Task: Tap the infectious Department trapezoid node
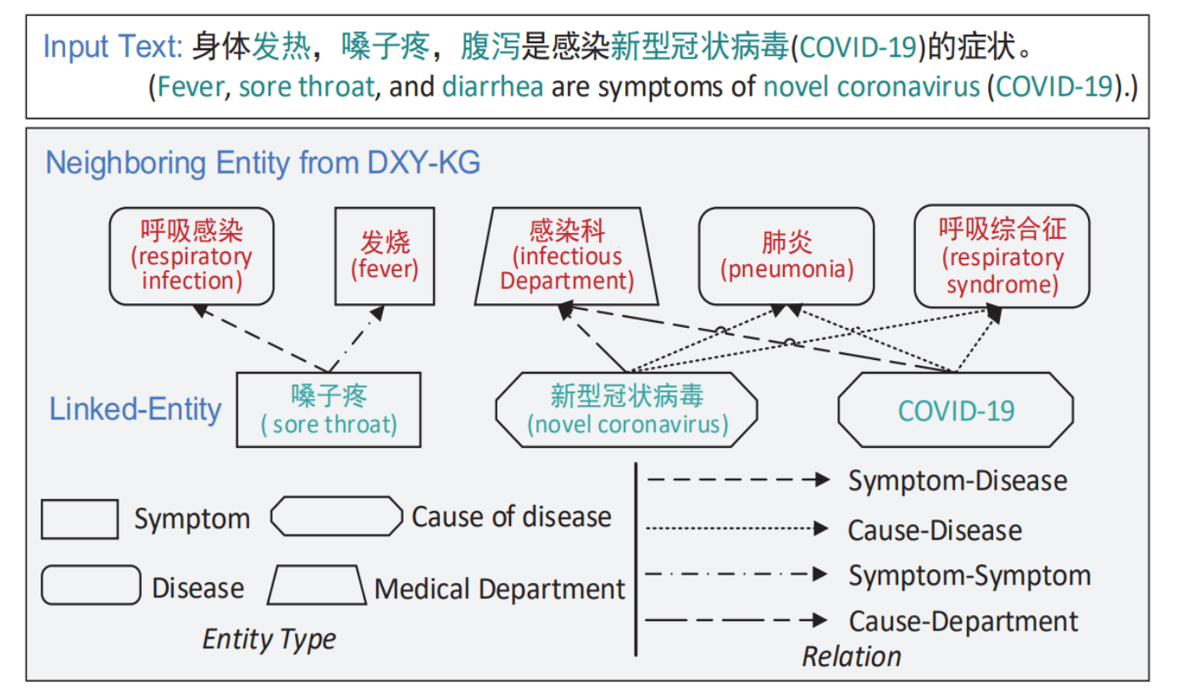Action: point(567,256)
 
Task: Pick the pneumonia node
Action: point(786,256)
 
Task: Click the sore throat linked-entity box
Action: point(329,409)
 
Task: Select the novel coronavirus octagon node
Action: point(626,409)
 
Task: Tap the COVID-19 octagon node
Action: point(956,410)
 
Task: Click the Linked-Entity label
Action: point(136,409)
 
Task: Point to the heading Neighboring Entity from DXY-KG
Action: point(263,162)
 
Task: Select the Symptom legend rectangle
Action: point(80,519)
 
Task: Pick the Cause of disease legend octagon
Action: point(336,516)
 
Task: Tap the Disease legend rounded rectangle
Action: point(91,585)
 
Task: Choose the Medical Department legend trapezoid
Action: point(316,585)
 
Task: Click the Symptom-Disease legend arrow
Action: point(737,480)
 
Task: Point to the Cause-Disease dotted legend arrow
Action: point(737,530)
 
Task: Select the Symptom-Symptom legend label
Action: point(969,575)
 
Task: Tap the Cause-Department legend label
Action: point(963,621)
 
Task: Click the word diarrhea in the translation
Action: point(492,86)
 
